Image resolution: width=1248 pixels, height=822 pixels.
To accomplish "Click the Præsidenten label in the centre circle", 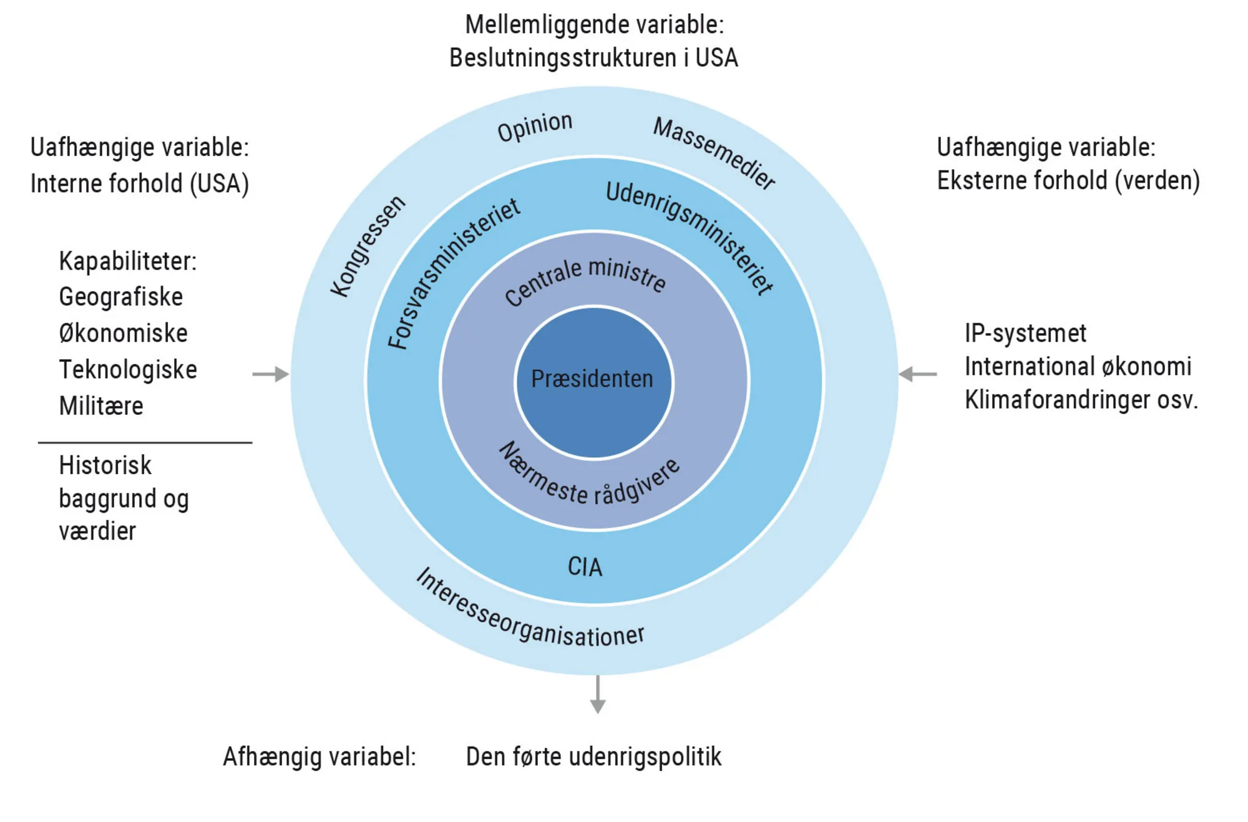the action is tap(592, 379).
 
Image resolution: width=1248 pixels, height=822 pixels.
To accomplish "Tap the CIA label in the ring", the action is tap(585, 567).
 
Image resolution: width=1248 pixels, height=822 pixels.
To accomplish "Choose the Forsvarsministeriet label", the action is tap(452, 273).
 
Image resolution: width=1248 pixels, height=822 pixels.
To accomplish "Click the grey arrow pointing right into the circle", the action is tap(271, 374).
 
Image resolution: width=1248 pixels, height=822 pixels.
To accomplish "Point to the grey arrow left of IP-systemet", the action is tap(917, 374).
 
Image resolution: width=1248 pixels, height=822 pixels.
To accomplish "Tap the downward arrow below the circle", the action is tap(598, 695).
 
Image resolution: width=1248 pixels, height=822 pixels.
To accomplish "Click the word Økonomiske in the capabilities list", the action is tap(123, 333).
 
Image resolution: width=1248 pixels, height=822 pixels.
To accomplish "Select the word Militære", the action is tap(101, 406).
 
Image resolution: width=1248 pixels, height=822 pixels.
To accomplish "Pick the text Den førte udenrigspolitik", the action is tap(593, 757).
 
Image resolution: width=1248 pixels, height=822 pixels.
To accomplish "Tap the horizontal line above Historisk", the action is tap(145, 443).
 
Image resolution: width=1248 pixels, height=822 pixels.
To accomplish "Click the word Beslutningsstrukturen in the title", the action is tap(562, 58).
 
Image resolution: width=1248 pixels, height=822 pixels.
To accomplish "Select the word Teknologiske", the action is tap(128, 369).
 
